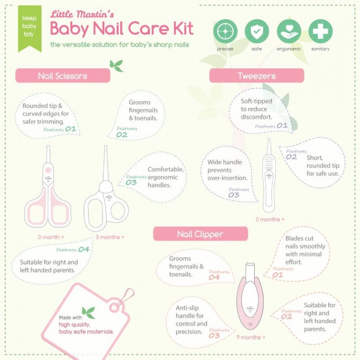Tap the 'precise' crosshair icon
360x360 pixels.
point(225,31)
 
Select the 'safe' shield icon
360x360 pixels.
point(256,31)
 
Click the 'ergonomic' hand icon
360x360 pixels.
point(289,31)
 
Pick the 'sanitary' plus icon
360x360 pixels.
point(320,31)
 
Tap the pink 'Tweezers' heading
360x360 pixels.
point(256,76)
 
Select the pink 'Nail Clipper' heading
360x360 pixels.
point(200,234)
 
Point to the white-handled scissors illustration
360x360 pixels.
point(106,193)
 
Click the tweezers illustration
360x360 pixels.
point(269,180)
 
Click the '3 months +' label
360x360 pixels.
point(110,237)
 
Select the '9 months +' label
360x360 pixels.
point(251,337)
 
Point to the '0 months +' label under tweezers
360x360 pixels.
point(270,220)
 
